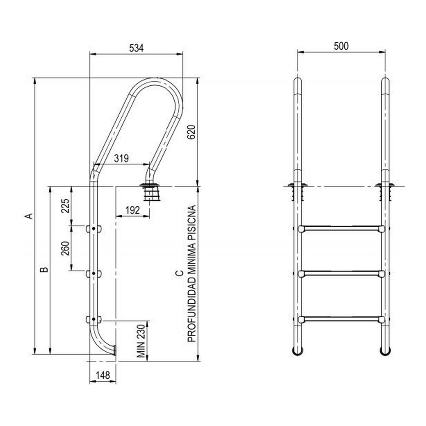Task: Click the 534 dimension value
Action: [x=136, y=48]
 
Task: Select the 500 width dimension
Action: [x=341, y=46]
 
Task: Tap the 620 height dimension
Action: [x=192, y=132]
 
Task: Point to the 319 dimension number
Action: [x=121, y=158]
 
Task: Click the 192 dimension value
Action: [x=133, y=210]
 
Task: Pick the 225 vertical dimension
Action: [x=65, y=206]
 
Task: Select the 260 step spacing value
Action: [x=65, y=248]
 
